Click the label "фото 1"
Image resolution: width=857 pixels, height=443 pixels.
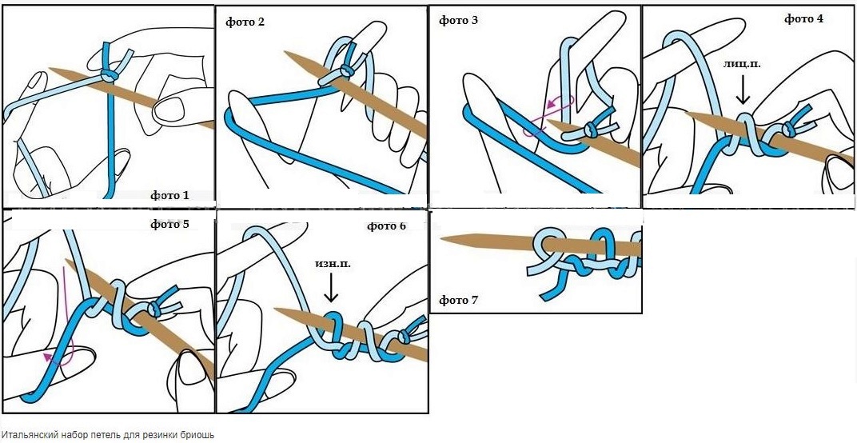[169, 195]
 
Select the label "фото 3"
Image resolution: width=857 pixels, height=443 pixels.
[458, 20]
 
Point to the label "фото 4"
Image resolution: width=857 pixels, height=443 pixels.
[803, 18]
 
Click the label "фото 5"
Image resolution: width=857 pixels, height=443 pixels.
[169, 224]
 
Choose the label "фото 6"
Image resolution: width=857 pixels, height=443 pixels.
[386, 226]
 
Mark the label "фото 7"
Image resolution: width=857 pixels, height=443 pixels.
[458, 301]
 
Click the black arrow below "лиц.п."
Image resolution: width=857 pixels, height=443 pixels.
[743, 91]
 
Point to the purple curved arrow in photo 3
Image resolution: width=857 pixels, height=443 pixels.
[546, 114]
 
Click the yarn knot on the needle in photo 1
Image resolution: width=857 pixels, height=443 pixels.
[107, 74]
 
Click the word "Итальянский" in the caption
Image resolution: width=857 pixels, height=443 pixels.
[30, 434]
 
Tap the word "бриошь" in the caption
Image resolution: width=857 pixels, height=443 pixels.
[200, 434]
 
